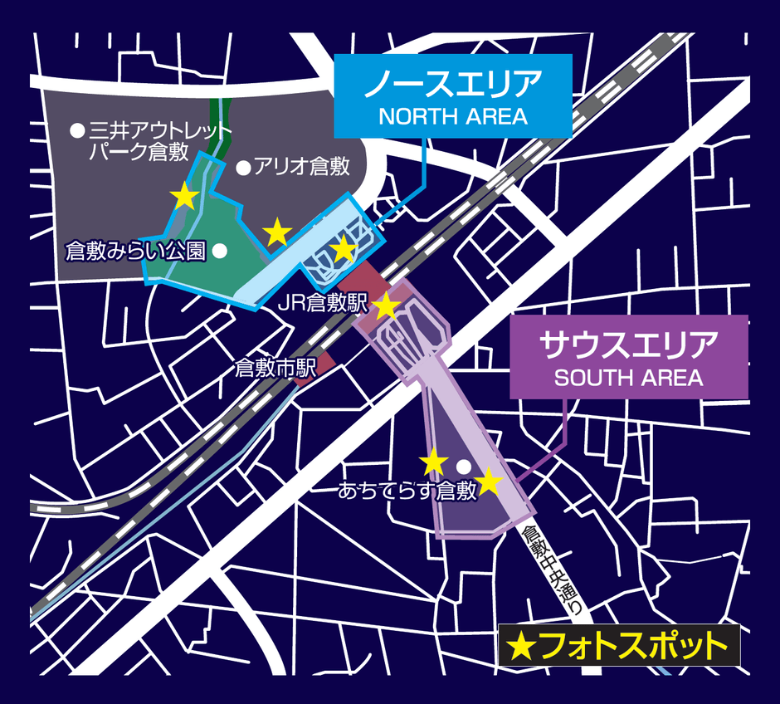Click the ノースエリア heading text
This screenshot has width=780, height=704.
pyautogui.click(x=453, y=84)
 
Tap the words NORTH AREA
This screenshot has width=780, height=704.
pyautogui.click(x=453, y=116)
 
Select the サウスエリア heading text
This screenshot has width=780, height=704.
pyautogui.click(x=628, y=344)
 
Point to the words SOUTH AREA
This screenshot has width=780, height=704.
pyautogui.click(x=628, y=379)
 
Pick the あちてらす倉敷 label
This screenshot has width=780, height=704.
pyautogui.click(x=407, y=491)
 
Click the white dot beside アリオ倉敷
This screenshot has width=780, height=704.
pyautogui.click(x=243, y=168)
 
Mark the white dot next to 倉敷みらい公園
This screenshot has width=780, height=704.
pyautogui.click(x=220, y=250)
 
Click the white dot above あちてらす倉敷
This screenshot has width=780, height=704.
pyautogui.click(x=464, y=466)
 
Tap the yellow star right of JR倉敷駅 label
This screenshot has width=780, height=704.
pyautogui.click(x=387, y=306)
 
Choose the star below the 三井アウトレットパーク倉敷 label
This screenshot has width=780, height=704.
pyautogui.click(x=184, y=197)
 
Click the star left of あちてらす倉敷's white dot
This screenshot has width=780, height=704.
pyautogui.click(x=433, y=462)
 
